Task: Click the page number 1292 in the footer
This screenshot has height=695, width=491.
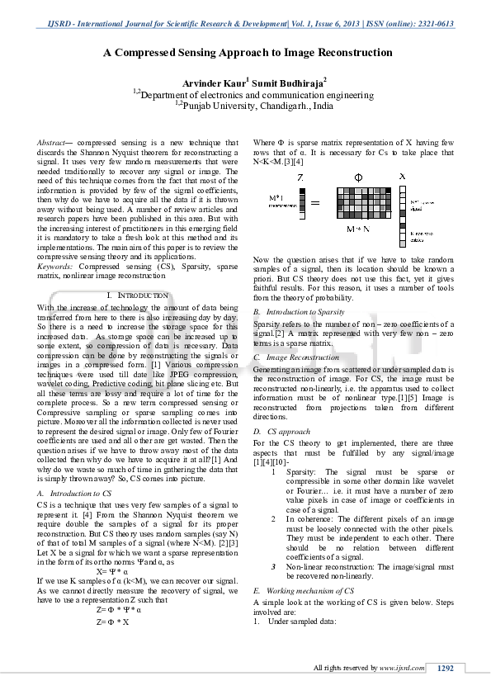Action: pyautogui.click(x=446, y=667)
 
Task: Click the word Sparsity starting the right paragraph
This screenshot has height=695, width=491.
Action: pyautogui.click(x=267, y=325)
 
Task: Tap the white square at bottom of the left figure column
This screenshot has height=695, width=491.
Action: pyautogui.click(x=302, y=215)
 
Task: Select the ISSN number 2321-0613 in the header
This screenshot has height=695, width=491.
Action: pyautogui.click(x=437, y=23)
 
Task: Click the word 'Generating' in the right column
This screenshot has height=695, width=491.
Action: pyautogui.click(x=272, y=370)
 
